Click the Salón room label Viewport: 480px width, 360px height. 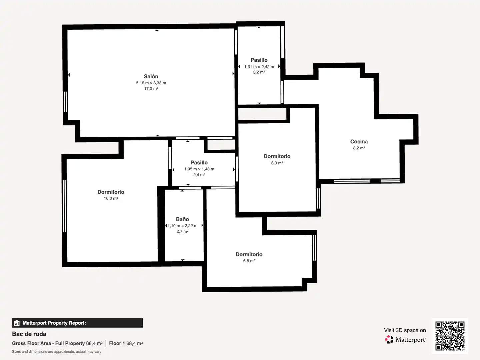tap(151, 77)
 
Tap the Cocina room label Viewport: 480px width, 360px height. tap(359, 142)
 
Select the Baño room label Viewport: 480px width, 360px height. tap(182, 219)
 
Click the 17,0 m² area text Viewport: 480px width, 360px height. tap(151, 89)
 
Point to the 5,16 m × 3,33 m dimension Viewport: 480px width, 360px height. tap(151, 83)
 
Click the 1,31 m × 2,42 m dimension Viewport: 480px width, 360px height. tap(259, 67)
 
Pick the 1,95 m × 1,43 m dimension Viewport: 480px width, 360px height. tap(199, 169)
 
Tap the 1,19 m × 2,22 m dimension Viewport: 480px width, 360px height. tap(182, 226)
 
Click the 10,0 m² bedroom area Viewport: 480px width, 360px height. tap(111, 198)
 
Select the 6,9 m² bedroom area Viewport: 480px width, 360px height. tap(277, 163)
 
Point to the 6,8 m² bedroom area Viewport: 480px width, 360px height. tap(249, 261)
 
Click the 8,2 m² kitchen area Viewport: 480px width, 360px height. tap(359, 148)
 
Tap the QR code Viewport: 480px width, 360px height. tap(450, 336)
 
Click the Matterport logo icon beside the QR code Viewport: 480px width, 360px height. tap(389, 340)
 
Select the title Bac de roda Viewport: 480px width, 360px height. tap(29, 334)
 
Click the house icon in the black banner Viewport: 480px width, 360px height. tap(17, 323)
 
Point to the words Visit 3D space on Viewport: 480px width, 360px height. tap(405, 330)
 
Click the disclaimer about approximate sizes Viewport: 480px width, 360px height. tap(56, 351)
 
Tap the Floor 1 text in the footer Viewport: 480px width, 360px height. tap(117, 343)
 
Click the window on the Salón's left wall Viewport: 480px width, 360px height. tap(65, 102)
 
